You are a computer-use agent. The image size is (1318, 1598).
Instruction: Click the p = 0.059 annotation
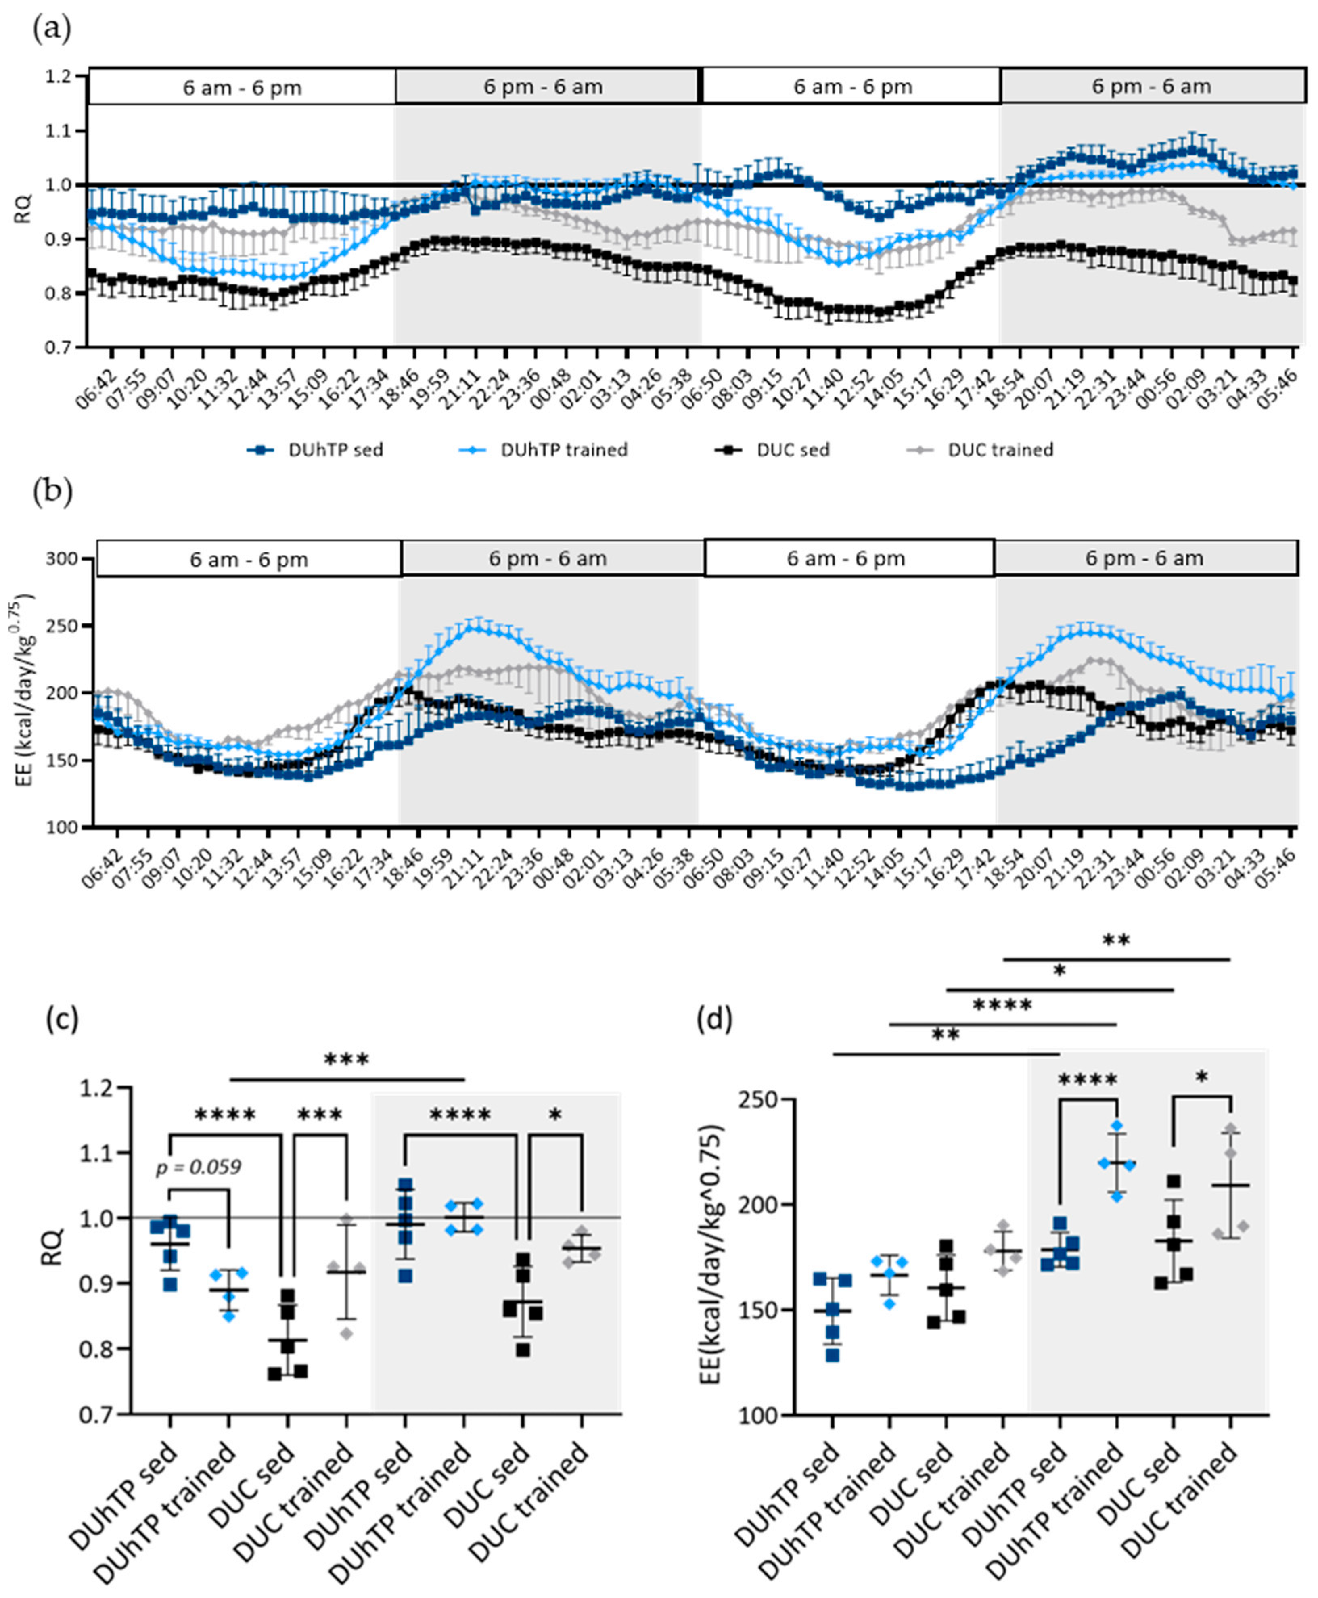click(199, 1167)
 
